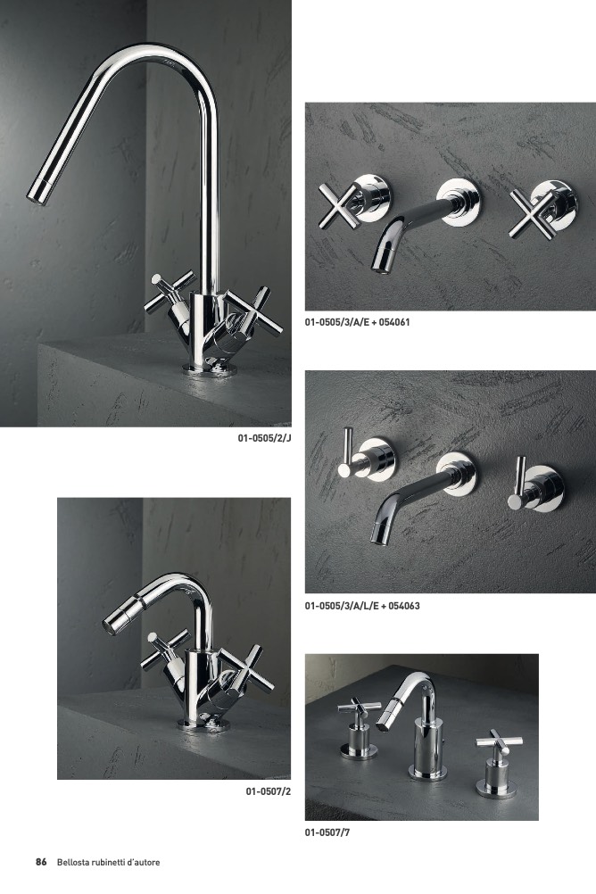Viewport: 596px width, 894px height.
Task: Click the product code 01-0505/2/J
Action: (265, 438)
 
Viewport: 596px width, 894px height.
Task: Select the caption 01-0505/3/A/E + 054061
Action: (357, 322)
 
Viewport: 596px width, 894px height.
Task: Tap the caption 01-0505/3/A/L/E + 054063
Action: (362, 606)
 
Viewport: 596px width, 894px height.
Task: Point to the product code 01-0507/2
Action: (269, 791)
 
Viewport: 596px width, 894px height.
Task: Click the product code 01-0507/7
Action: (327, 832)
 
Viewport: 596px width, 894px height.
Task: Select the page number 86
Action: (41, 862)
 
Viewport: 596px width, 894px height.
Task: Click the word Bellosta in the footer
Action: (73, 863)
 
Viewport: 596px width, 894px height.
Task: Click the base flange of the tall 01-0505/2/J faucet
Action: (210, 369)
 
